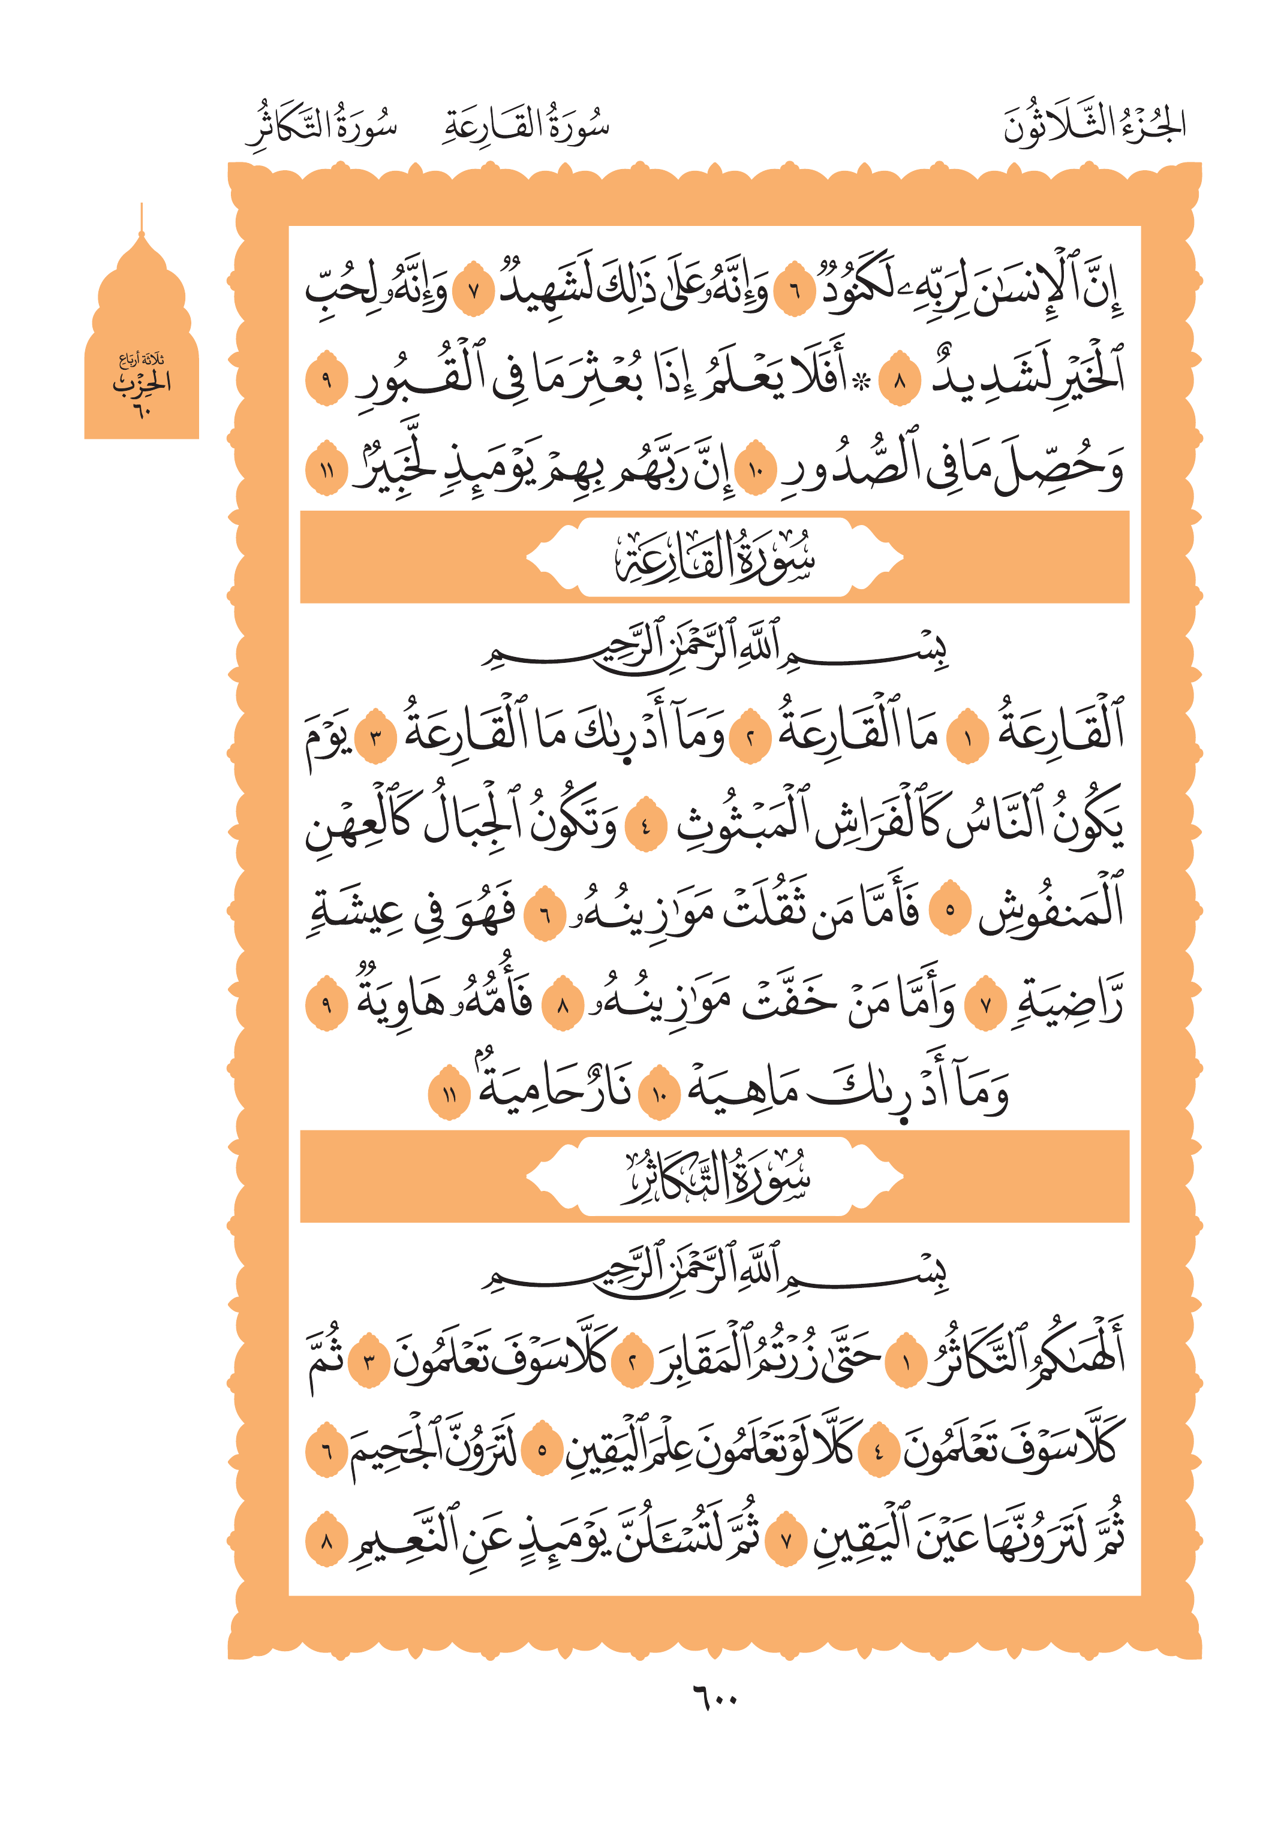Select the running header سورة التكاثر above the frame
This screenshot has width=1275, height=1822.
point(322,127)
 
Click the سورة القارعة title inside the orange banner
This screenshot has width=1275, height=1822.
point(714,558)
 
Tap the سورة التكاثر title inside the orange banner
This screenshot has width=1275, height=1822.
point(714,1177)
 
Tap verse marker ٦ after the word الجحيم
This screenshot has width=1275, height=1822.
point(326,1452)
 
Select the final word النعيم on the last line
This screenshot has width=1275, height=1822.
point(397,1542)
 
